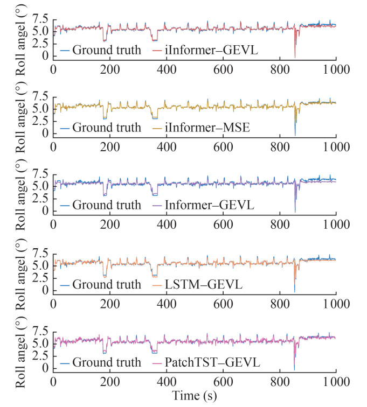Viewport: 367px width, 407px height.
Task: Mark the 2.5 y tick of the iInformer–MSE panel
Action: point(39,121)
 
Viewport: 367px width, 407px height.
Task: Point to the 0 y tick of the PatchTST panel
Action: point(46,367)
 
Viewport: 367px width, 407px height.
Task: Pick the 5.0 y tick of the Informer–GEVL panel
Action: point(39,187)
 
